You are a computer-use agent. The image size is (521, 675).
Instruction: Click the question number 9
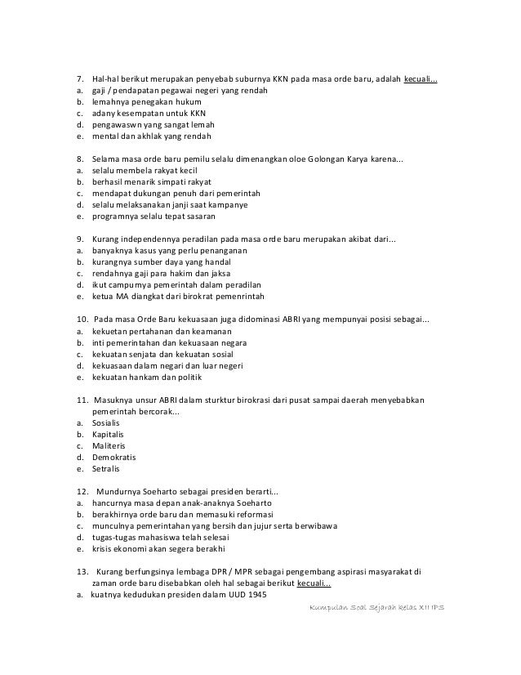(x=79, y=239)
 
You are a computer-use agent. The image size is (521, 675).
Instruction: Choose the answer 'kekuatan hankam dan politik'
(x=146, y=378)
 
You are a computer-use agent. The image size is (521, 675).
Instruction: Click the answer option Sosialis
(x=105, y=424)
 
